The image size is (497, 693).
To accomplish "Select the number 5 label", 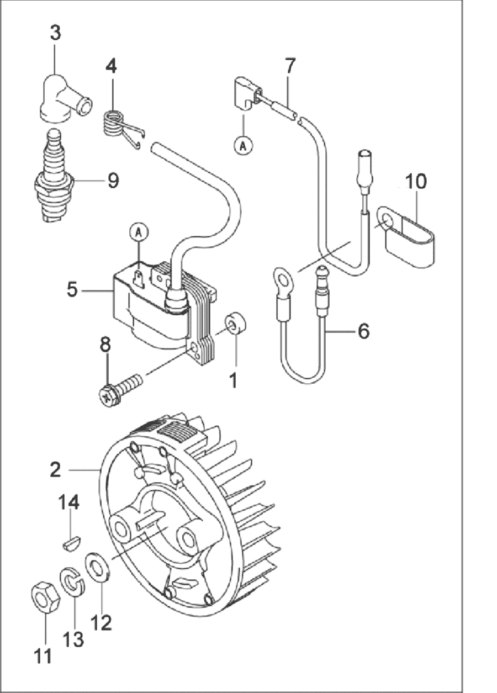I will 72,289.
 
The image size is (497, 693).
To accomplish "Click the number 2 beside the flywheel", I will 55,470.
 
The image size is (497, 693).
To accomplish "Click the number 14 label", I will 70,502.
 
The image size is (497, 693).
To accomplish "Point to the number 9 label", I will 113,180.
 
